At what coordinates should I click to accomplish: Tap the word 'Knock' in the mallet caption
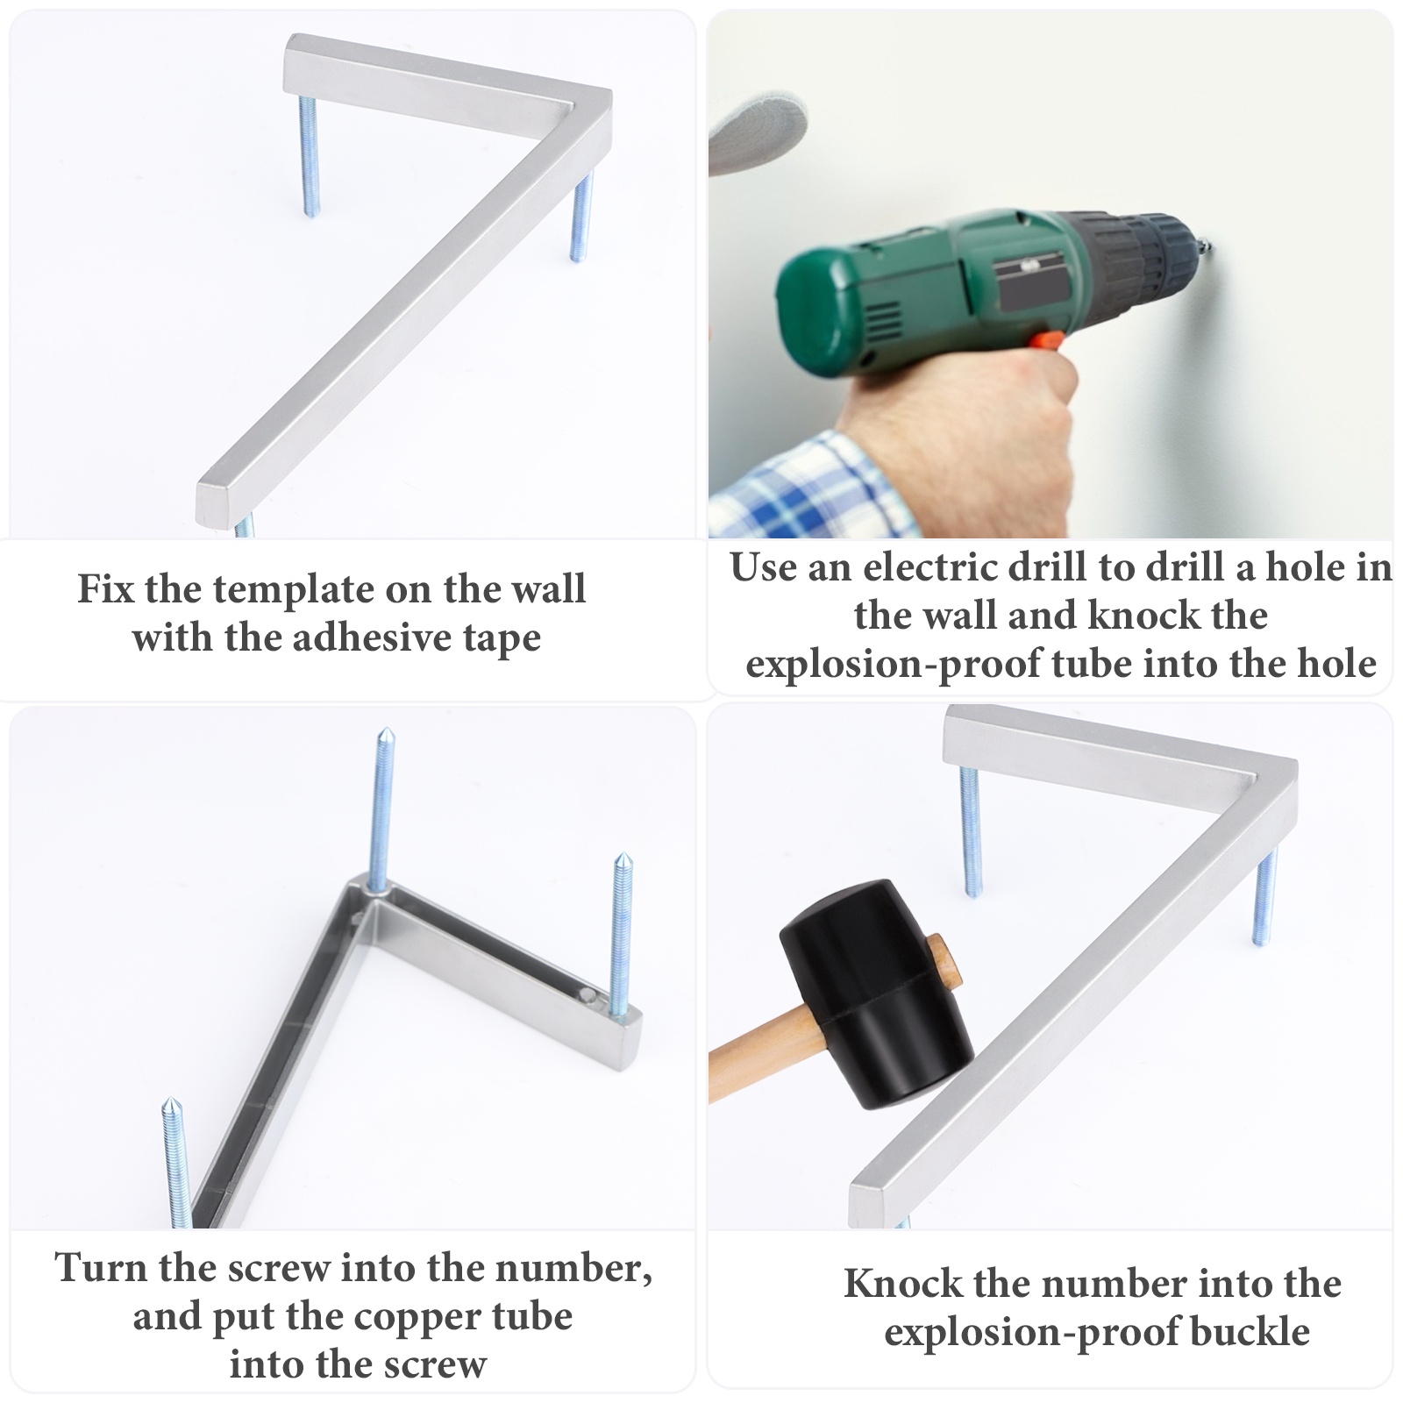[x=903, y=1284]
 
